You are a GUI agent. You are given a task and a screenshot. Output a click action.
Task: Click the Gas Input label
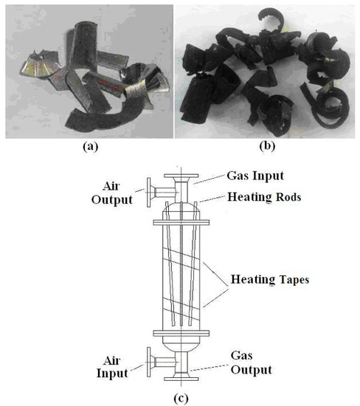point(255,176)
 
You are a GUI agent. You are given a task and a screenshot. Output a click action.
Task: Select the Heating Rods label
point(264,197)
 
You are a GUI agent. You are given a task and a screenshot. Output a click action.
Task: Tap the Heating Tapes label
point(270,280)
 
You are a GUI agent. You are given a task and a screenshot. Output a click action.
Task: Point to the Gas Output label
point(251,362)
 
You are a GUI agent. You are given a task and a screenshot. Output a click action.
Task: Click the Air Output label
point(112,193)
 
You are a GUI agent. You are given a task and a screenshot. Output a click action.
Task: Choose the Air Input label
point(112,367)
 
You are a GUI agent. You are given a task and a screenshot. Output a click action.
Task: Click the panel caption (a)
point(91,147)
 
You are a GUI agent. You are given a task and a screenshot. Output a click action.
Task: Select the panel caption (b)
point(267,146)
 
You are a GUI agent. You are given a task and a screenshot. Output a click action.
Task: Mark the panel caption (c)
point(181,399)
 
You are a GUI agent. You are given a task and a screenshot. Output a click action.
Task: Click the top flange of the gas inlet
point(181,176)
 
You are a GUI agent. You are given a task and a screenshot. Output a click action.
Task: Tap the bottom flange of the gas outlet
point(181,379)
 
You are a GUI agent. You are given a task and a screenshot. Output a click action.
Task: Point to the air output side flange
point(149,193)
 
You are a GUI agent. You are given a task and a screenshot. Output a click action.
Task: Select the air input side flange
point(149,362)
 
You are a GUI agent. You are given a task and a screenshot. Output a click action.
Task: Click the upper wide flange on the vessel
point(181,222)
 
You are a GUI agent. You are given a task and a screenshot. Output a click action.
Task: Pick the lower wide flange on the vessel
point(181,333)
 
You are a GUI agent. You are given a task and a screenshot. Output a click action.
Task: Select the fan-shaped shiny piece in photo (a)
point(39,66)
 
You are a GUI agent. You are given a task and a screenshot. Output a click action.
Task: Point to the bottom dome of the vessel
point(181,345)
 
